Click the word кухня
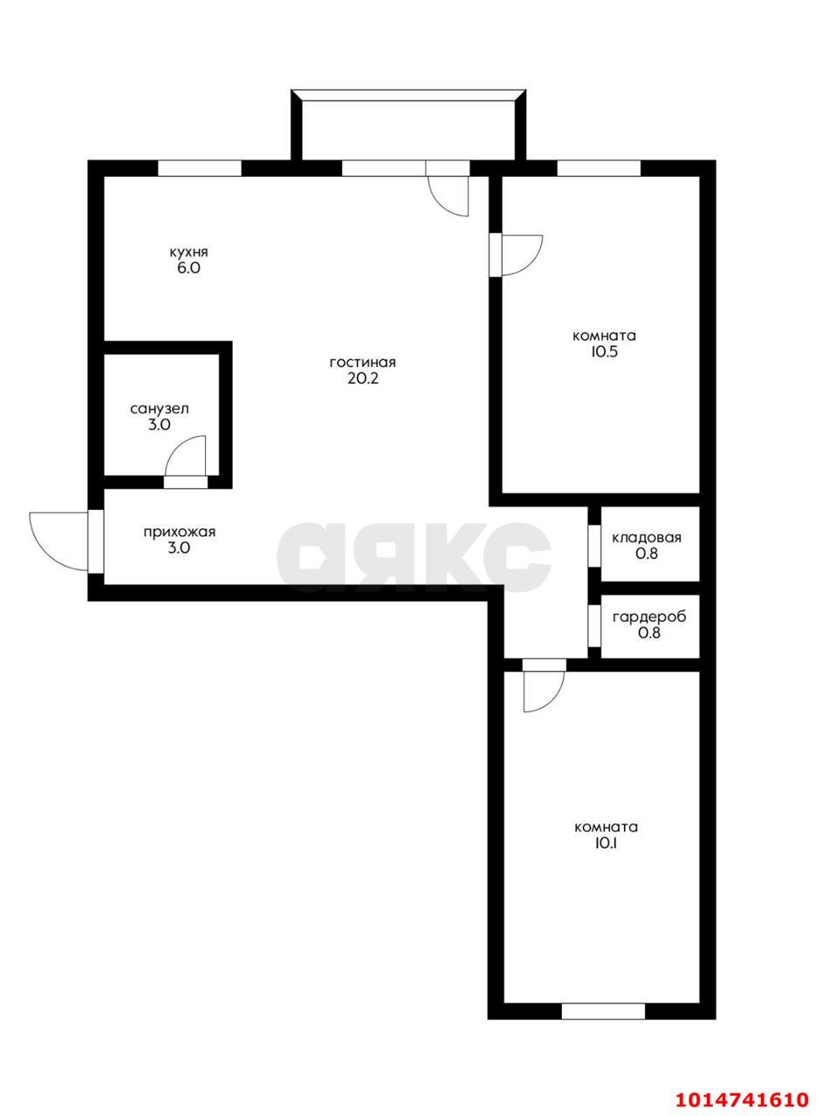188,252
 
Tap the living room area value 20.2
363,379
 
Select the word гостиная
363,363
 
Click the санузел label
159,408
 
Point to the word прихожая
179,532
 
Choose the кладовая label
647,537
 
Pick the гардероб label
649,617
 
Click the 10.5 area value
604,352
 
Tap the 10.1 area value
606,843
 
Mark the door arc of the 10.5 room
523,255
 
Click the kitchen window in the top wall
199,168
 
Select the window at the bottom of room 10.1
603,1011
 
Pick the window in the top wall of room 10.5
599,168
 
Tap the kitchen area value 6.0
188,269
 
